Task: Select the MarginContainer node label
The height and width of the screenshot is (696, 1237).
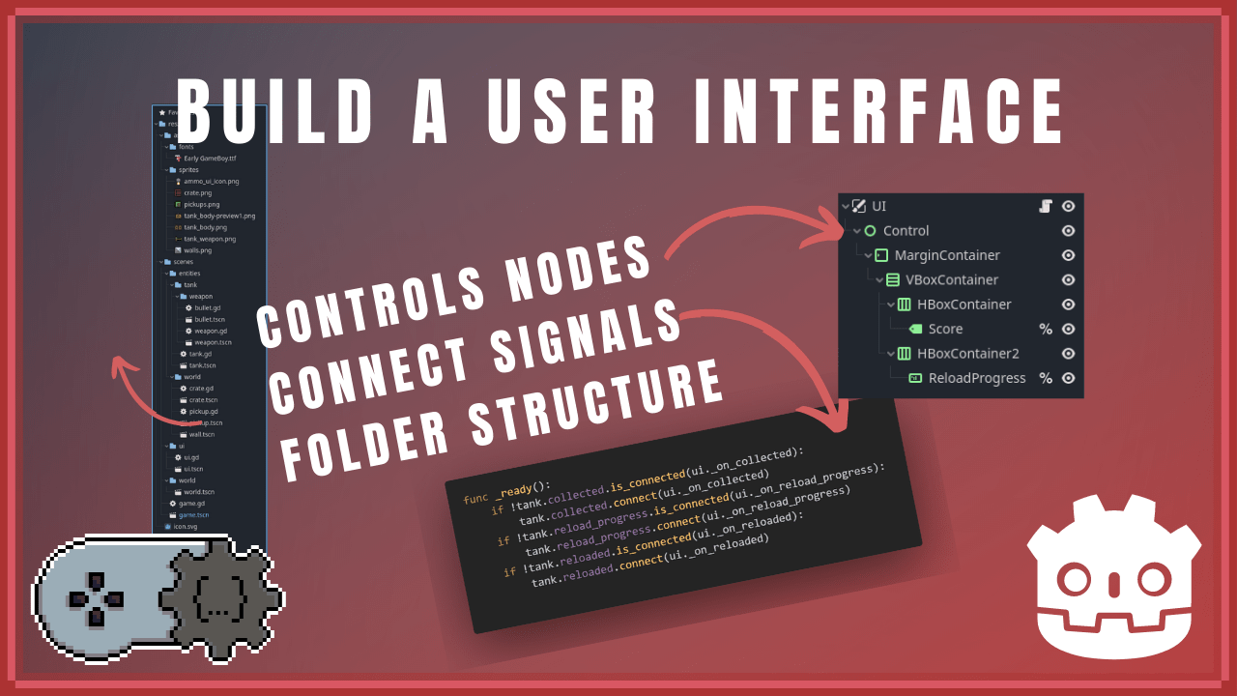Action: [x=947, y=255]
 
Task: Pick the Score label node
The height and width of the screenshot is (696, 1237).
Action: [x=945, y=329]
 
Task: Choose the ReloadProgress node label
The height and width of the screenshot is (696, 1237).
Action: [x=977, y=378]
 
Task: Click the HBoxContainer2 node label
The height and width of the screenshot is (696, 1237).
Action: [x=967, y=354]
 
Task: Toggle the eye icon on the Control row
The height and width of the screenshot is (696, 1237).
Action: [x=1068, y=231]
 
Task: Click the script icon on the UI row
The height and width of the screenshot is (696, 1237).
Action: [x=1045, y=206]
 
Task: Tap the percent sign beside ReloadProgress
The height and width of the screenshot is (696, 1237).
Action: [x=1045, y=378]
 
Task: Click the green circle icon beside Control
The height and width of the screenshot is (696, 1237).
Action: [x=870, y=231]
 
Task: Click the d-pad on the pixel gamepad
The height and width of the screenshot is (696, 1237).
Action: [x=96, y=599]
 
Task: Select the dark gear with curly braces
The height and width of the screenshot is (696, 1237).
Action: [x=218, y=604]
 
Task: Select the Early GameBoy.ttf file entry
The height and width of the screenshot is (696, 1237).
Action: [x=210, y=158]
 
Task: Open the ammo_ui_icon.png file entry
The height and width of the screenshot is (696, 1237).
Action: [x=211, y=181]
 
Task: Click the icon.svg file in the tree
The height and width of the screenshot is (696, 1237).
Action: [x=184, y=527]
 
